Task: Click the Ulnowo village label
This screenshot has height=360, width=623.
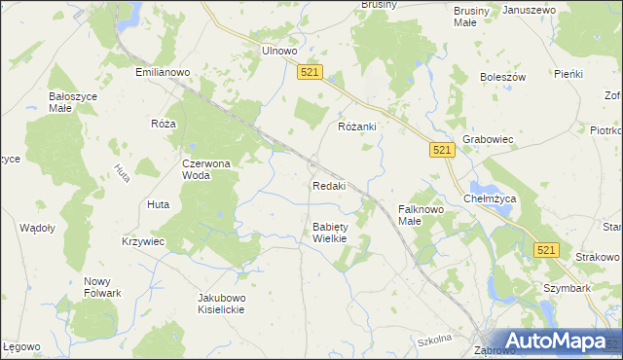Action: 278,52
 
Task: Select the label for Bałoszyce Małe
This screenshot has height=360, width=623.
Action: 69,102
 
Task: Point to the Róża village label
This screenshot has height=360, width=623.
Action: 163,125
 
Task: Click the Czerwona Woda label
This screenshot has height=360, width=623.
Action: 205,169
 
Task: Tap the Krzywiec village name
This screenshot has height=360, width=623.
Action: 143,240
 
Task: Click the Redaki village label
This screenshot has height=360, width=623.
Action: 329,186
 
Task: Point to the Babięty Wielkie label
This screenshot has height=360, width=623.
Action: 330,233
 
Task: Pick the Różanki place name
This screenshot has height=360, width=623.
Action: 356,127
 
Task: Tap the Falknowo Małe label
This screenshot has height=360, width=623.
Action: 421,214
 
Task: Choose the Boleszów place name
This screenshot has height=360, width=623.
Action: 502,77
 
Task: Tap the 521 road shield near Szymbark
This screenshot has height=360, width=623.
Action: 546,250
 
